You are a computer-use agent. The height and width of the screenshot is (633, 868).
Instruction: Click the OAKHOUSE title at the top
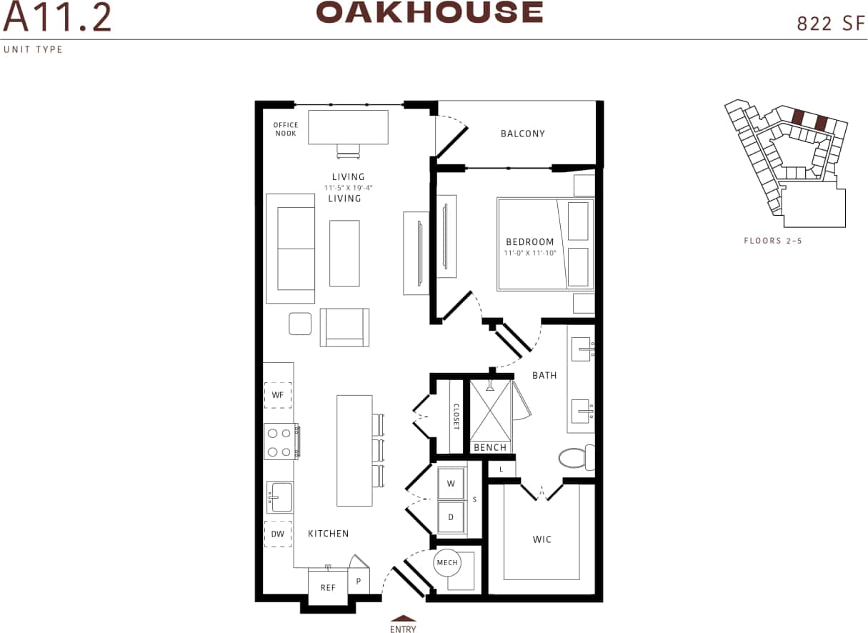tap(429, 12)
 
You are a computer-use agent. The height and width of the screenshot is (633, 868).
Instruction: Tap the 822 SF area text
tap(825, 24)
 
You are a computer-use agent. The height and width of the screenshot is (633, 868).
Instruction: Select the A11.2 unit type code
tap(57, 19)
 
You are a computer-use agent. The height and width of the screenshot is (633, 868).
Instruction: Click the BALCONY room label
tap(522, 134)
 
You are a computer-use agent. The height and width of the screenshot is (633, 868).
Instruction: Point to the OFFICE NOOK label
tap(286, 129)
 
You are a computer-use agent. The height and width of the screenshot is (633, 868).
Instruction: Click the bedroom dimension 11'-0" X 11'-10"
tap(529, 252)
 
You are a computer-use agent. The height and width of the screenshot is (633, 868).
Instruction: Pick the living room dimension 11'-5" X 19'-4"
tap(348, 187)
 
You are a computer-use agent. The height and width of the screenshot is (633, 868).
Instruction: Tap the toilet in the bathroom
tap(576, 458)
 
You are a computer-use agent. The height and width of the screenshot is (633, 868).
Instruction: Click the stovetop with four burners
tap(281, 441)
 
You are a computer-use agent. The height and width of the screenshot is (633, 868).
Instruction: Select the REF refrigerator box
tap(328, 587)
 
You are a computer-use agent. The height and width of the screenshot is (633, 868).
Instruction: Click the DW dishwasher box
tap(278, 534)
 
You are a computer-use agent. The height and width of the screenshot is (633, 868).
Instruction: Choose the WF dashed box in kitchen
tap(278, 394)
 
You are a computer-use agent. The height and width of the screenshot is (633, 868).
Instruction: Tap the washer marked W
tap(451, 484)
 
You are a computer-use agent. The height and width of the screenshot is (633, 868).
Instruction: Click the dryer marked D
tap(451, 517)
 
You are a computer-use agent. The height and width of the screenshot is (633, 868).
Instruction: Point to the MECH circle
tap(447, 563)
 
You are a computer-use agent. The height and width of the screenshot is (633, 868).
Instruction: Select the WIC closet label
tap(542, 539)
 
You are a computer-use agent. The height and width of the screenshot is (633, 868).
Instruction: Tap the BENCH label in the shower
tap(490, 448)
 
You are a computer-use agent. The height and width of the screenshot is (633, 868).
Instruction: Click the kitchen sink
tap(280, 497)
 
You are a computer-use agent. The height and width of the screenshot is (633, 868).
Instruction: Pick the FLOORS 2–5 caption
tap(773, 241)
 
